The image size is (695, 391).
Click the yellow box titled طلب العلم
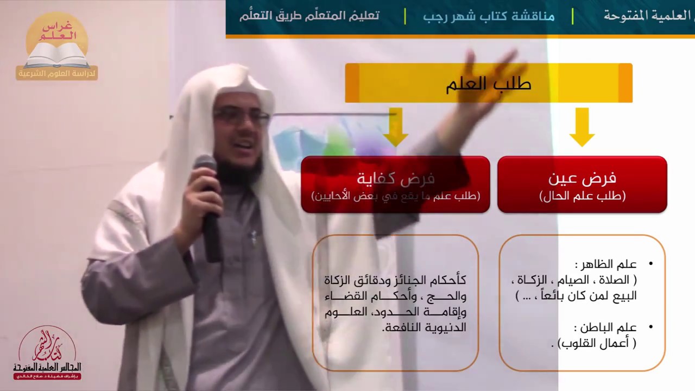tap(488, 83)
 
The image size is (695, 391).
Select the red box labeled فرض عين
tap(582, 184)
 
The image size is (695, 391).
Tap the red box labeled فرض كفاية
tap(395, 184)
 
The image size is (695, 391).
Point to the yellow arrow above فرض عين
tap(582, 127)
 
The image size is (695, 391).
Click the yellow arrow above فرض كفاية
tap(395, 127)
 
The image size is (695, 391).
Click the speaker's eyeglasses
tap(241, 116)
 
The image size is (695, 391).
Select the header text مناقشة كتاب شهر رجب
tap(489, 16)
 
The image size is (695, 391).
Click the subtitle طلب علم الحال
tap(582, 197)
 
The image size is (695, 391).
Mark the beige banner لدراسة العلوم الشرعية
tap(57, 73)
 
